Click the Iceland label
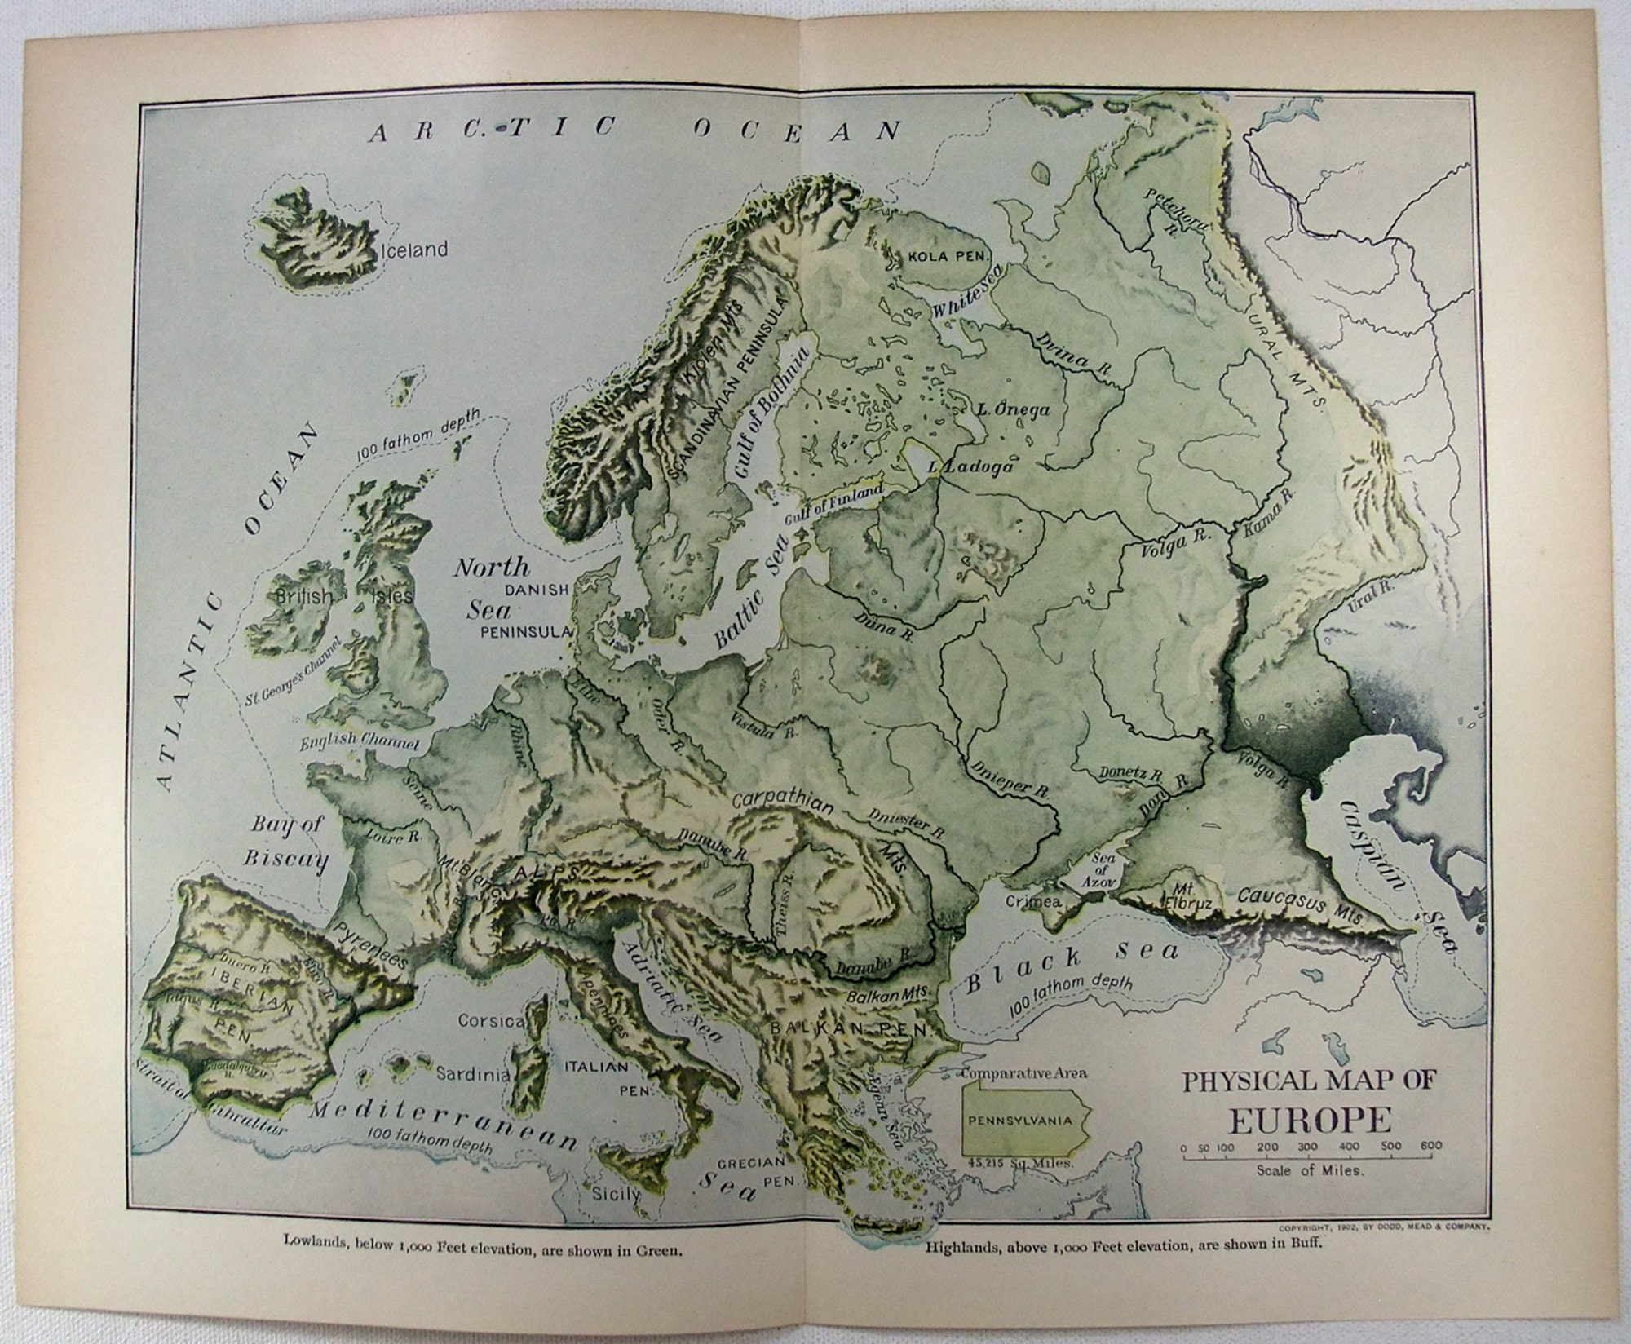click(x=413, y=250)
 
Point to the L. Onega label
click(x=1013, y=410)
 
